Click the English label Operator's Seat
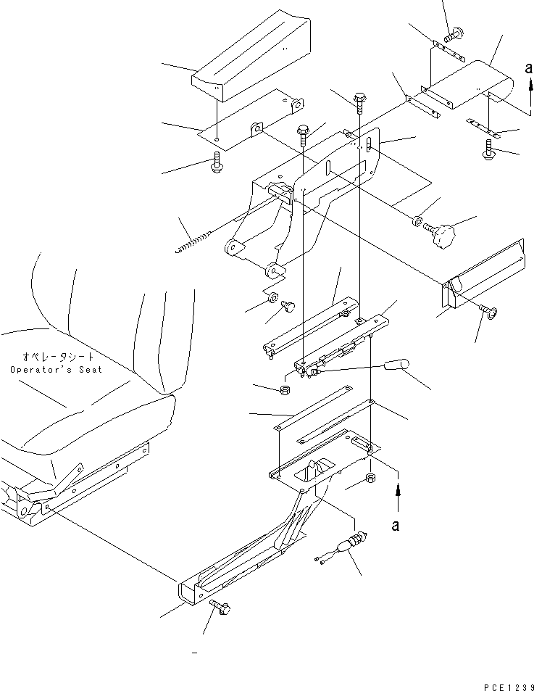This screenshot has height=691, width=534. click(x=56, y=369)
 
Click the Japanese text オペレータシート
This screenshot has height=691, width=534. click(x=59, y=356)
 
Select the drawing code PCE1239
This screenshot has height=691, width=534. click(x=509, y=687)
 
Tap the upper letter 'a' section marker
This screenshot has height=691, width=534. click(x=529, y=68)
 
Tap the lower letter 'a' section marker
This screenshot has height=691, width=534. click(x=396, y=525)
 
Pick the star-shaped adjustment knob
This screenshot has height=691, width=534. click(x=441, y=233)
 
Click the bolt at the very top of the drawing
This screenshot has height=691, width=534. click(x=455, y=33)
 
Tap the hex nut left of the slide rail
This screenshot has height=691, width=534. click(x=285, y=389)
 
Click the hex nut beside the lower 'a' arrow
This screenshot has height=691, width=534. click(x=371, y=477)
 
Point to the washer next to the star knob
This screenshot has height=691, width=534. click(x=417, y=220)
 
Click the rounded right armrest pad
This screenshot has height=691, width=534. click(x=468, y=85)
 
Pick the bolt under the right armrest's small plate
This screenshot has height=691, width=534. click(x=488, y=149)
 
